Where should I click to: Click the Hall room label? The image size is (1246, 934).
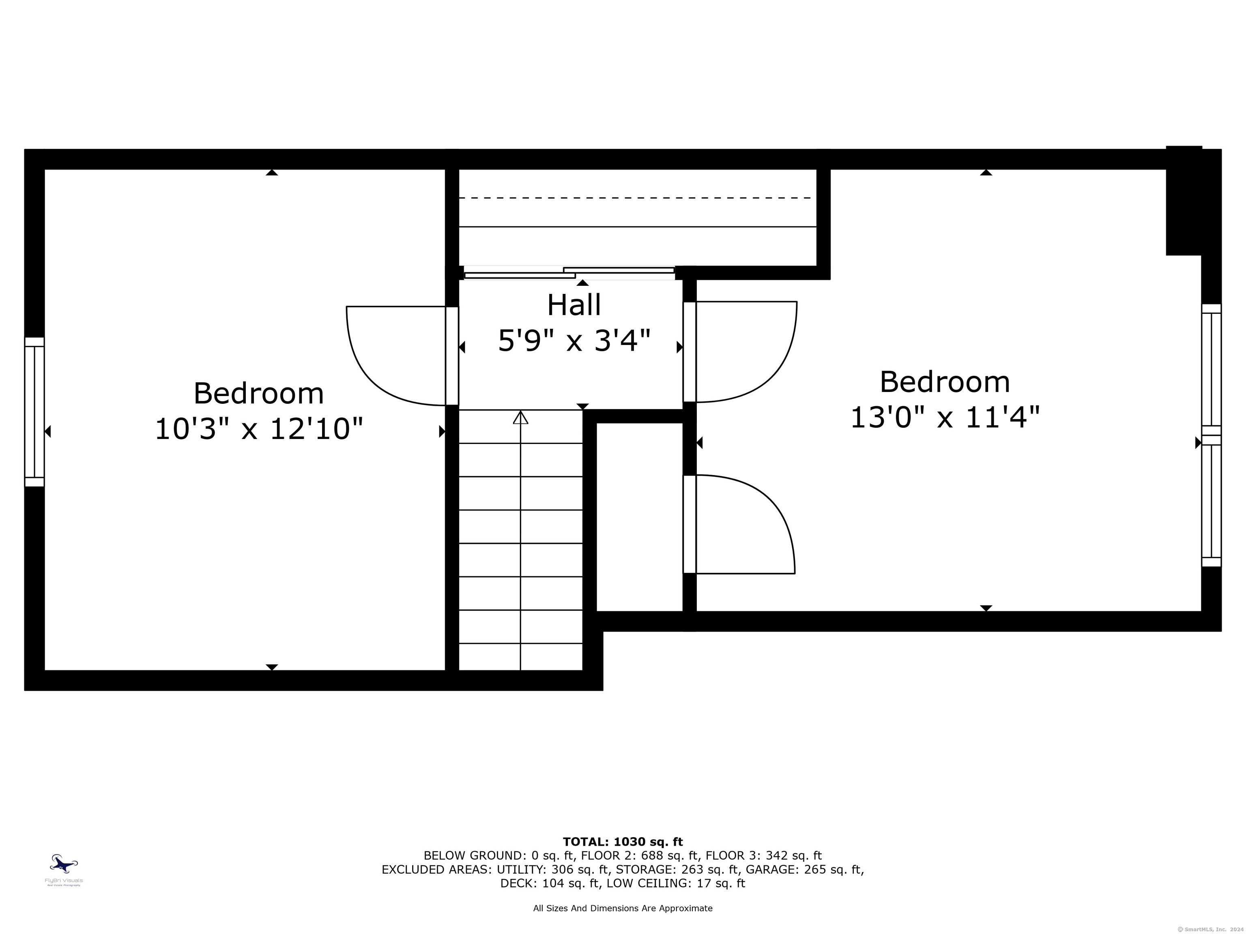(574, 305)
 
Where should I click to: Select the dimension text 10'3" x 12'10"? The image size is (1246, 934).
(258, 429)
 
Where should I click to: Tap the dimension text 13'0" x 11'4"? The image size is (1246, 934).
(945, 418)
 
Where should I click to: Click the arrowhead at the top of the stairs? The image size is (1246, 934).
(520, 417)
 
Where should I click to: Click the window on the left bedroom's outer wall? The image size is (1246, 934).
(34, 411)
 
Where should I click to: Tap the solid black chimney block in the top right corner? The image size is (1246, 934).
(1184, 203)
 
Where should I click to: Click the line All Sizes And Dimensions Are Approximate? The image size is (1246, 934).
(623, 908)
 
